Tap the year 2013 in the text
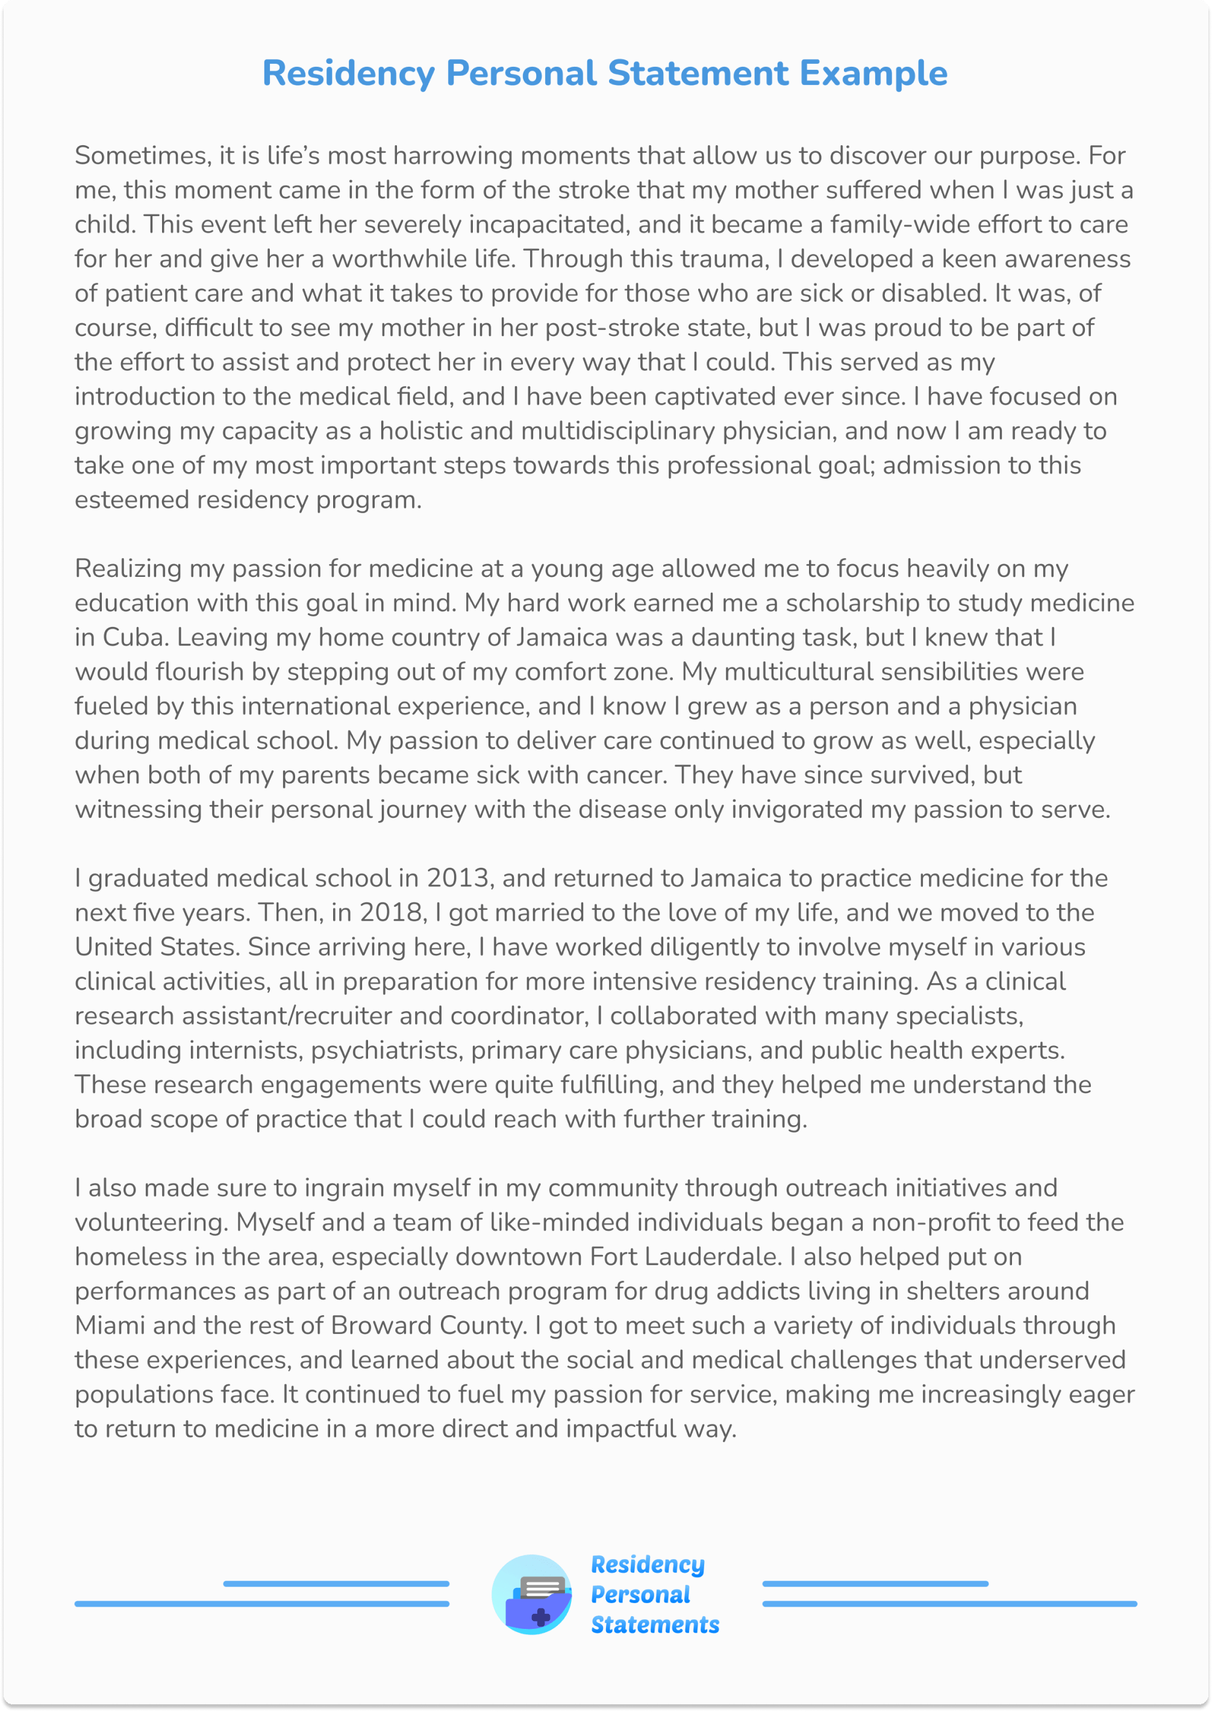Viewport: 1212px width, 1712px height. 457,878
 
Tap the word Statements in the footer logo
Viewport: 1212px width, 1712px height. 655,1625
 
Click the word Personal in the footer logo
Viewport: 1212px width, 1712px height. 640,1595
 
